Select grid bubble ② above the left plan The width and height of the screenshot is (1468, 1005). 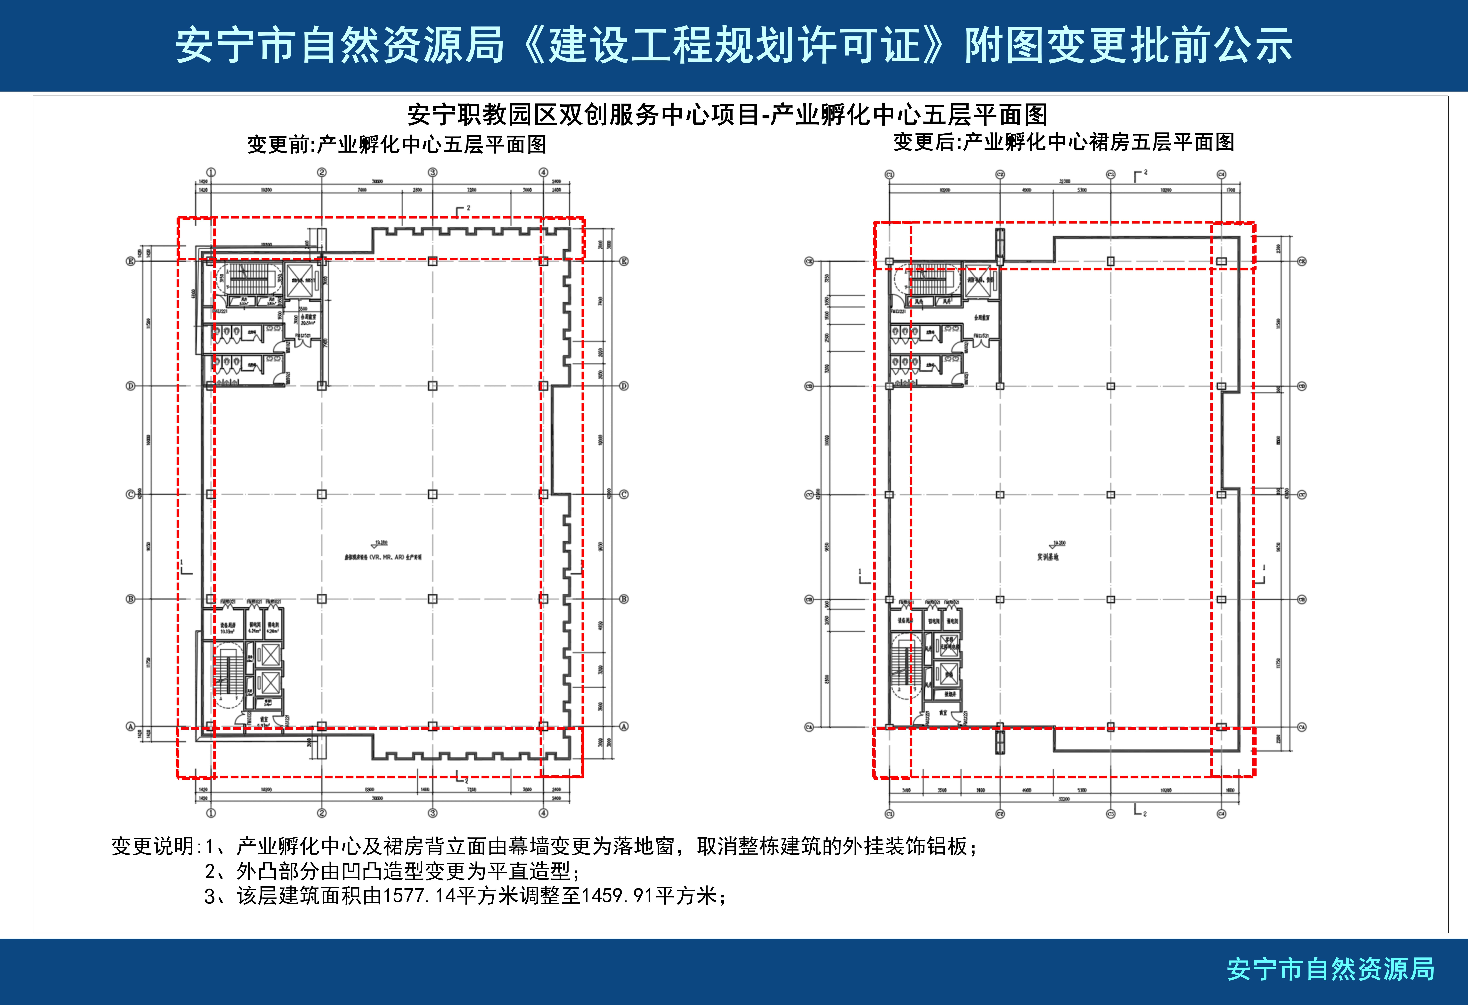(x=322, y=172)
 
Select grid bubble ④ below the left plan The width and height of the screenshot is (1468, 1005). (x=543, y=813)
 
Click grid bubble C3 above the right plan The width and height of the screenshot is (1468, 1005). (x=1110, y=174)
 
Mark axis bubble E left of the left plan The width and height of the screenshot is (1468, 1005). (x=131, y=261)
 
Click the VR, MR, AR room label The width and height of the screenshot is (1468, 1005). (x=383, y=557)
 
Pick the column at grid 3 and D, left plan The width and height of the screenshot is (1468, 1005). (x=433, y=386)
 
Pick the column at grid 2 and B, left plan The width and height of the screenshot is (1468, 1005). (x=322, y=599)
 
